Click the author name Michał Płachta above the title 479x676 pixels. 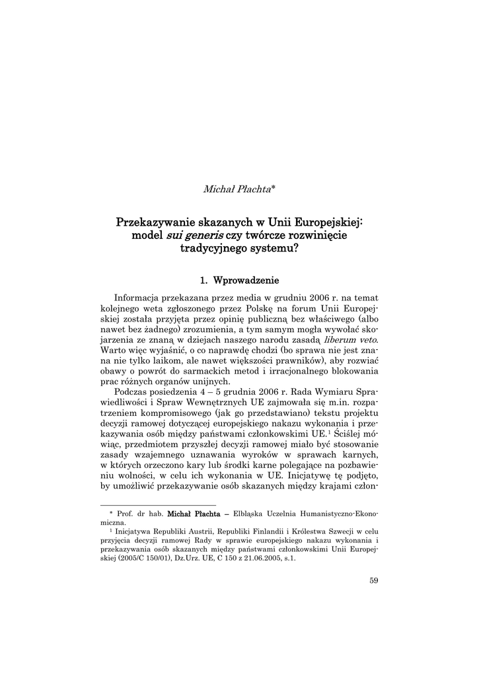click(x=237, y=189)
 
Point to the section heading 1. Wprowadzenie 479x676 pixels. click(x=239, y=281)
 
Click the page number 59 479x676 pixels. click(x=373, y=581)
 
